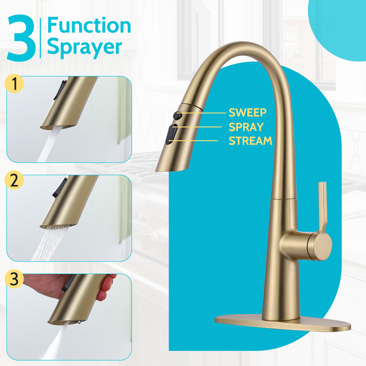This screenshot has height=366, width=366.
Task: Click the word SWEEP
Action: click(x=247, y=113)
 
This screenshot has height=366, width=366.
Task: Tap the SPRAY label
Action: click(x=246, y=127)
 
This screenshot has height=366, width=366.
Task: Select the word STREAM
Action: click(x=250, y=141)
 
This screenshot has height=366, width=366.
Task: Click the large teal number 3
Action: click(x=21, y=38)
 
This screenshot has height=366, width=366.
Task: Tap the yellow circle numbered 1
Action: click(x=14, y=84)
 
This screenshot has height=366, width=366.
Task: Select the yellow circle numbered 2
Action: click(x=14, y=180)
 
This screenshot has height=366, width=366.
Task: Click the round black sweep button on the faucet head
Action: click(x=177, y=116)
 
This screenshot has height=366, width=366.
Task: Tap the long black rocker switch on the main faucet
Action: click(x=171, y=134)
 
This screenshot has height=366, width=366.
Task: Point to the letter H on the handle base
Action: click(x=317, y=243)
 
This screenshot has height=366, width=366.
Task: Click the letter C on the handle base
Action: click(x=329, y=242)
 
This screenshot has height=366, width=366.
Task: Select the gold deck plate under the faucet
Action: click(x=283, y=323)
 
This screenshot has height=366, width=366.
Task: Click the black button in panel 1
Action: click(x=60, y=90)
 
